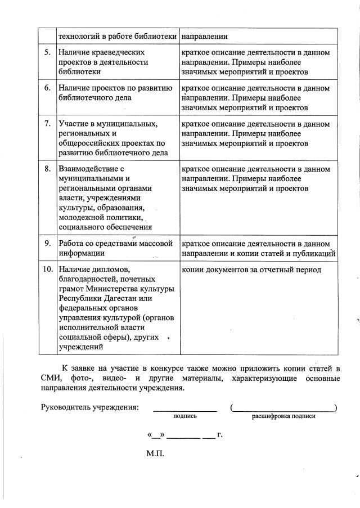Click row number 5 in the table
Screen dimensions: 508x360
coord(47,52)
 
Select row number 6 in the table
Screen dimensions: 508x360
coord(47,88)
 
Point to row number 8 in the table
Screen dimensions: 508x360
coord(47,169)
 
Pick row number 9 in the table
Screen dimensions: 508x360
coord(47,244)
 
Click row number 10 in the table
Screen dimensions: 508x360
coord(47,269)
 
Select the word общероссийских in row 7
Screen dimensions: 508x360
coord(87,143)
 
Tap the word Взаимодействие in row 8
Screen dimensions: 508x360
coord(87,169)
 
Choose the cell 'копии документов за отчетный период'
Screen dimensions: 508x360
coord(251,270)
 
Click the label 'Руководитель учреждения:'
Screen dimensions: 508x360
coord(90,407)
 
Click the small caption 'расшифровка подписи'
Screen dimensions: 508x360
coord(283,417)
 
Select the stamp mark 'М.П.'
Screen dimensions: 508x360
coord(155,453)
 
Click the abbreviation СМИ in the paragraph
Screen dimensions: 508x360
coord(49,379)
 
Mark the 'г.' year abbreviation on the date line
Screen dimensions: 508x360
coord(220,434)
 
